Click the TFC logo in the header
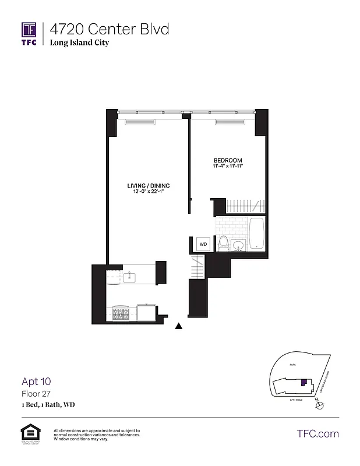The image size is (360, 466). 29,33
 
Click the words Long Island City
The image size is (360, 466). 79,43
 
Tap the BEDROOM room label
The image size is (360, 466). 227,160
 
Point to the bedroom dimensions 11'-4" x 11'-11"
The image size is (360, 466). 227,167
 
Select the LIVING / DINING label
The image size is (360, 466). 149,186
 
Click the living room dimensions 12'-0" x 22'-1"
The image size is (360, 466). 149,193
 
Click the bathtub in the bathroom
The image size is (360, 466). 256,234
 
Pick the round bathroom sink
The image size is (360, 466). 238,245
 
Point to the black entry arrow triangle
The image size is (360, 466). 179,326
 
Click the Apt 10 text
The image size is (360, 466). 36,382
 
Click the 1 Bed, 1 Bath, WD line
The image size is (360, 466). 48,404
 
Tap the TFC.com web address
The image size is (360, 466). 317,433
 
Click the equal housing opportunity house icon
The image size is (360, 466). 29,432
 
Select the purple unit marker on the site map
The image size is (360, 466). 303,382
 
